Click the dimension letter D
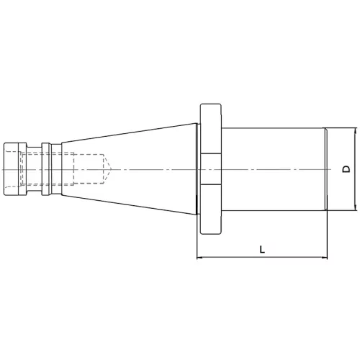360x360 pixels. click(x=346, y=169)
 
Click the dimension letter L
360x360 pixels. click(x=262, y=249)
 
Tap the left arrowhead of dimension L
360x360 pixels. click(x=199, y=258)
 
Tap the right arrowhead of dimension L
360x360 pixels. click(x=324, y=258)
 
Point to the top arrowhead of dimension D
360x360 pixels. click(x=356, y=131)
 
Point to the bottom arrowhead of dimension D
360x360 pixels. click(x=356, y=207)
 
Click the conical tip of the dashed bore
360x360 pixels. click(x=107, y=169)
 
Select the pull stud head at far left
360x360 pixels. click(x=15, y=169)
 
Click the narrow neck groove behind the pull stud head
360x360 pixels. click(x=34, y=169)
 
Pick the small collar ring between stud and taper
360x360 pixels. click(x=46, y=169)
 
